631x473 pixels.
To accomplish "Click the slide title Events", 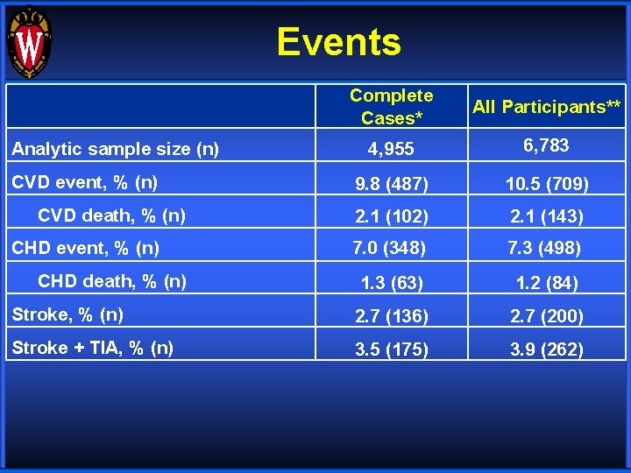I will coord(339,41).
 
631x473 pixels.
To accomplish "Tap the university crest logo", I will coord(29,42).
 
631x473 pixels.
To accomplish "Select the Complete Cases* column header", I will coord(391,106).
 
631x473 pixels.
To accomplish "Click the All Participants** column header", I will coord(547,107).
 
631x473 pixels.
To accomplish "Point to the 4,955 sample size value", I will coord(391,149).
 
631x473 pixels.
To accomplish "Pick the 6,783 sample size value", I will coord(546,145).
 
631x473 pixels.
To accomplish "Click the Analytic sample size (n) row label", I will coord(115,149).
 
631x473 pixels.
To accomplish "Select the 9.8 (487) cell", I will coord(391,184).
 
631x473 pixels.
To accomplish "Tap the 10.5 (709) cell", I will coord(546,184).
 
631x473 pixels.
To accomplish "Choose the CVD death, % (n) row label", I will coord(112,215).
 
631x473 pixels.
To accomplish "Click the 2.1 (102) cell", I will coord(391,216).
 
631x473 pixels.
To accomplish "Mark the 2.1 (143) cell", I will coord(546,216).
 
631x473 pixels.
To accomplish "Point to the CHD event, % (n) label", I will coord(85,248).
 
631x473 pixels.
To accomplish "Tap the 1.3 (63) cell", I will coord(392,283).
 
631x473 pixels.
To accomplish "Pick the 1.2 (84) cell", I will coord(546,283).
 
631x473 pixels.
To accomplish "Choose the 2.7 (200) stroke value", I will coord(546,315).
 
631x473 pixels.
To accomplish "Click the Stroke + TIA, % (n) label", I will coord(92,348).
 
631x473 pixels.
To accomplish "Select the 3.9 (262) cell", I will coord(546,349).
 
